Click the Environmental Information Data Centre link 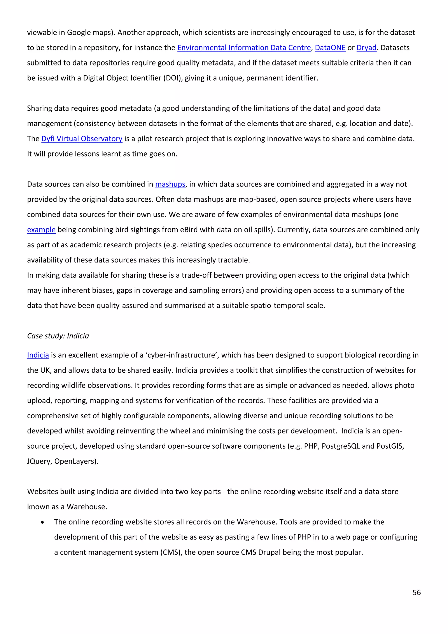point(244,48)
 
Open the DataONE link point(330,48)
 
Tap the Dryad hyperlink point(366,48)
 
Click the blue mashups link point(170,184)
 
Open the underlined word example point(41,230)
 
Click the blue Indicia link point(38,355)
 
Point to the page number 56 point(416,593)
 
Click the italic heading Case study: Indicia point(58,336)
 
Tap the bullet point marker point(42,522)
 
